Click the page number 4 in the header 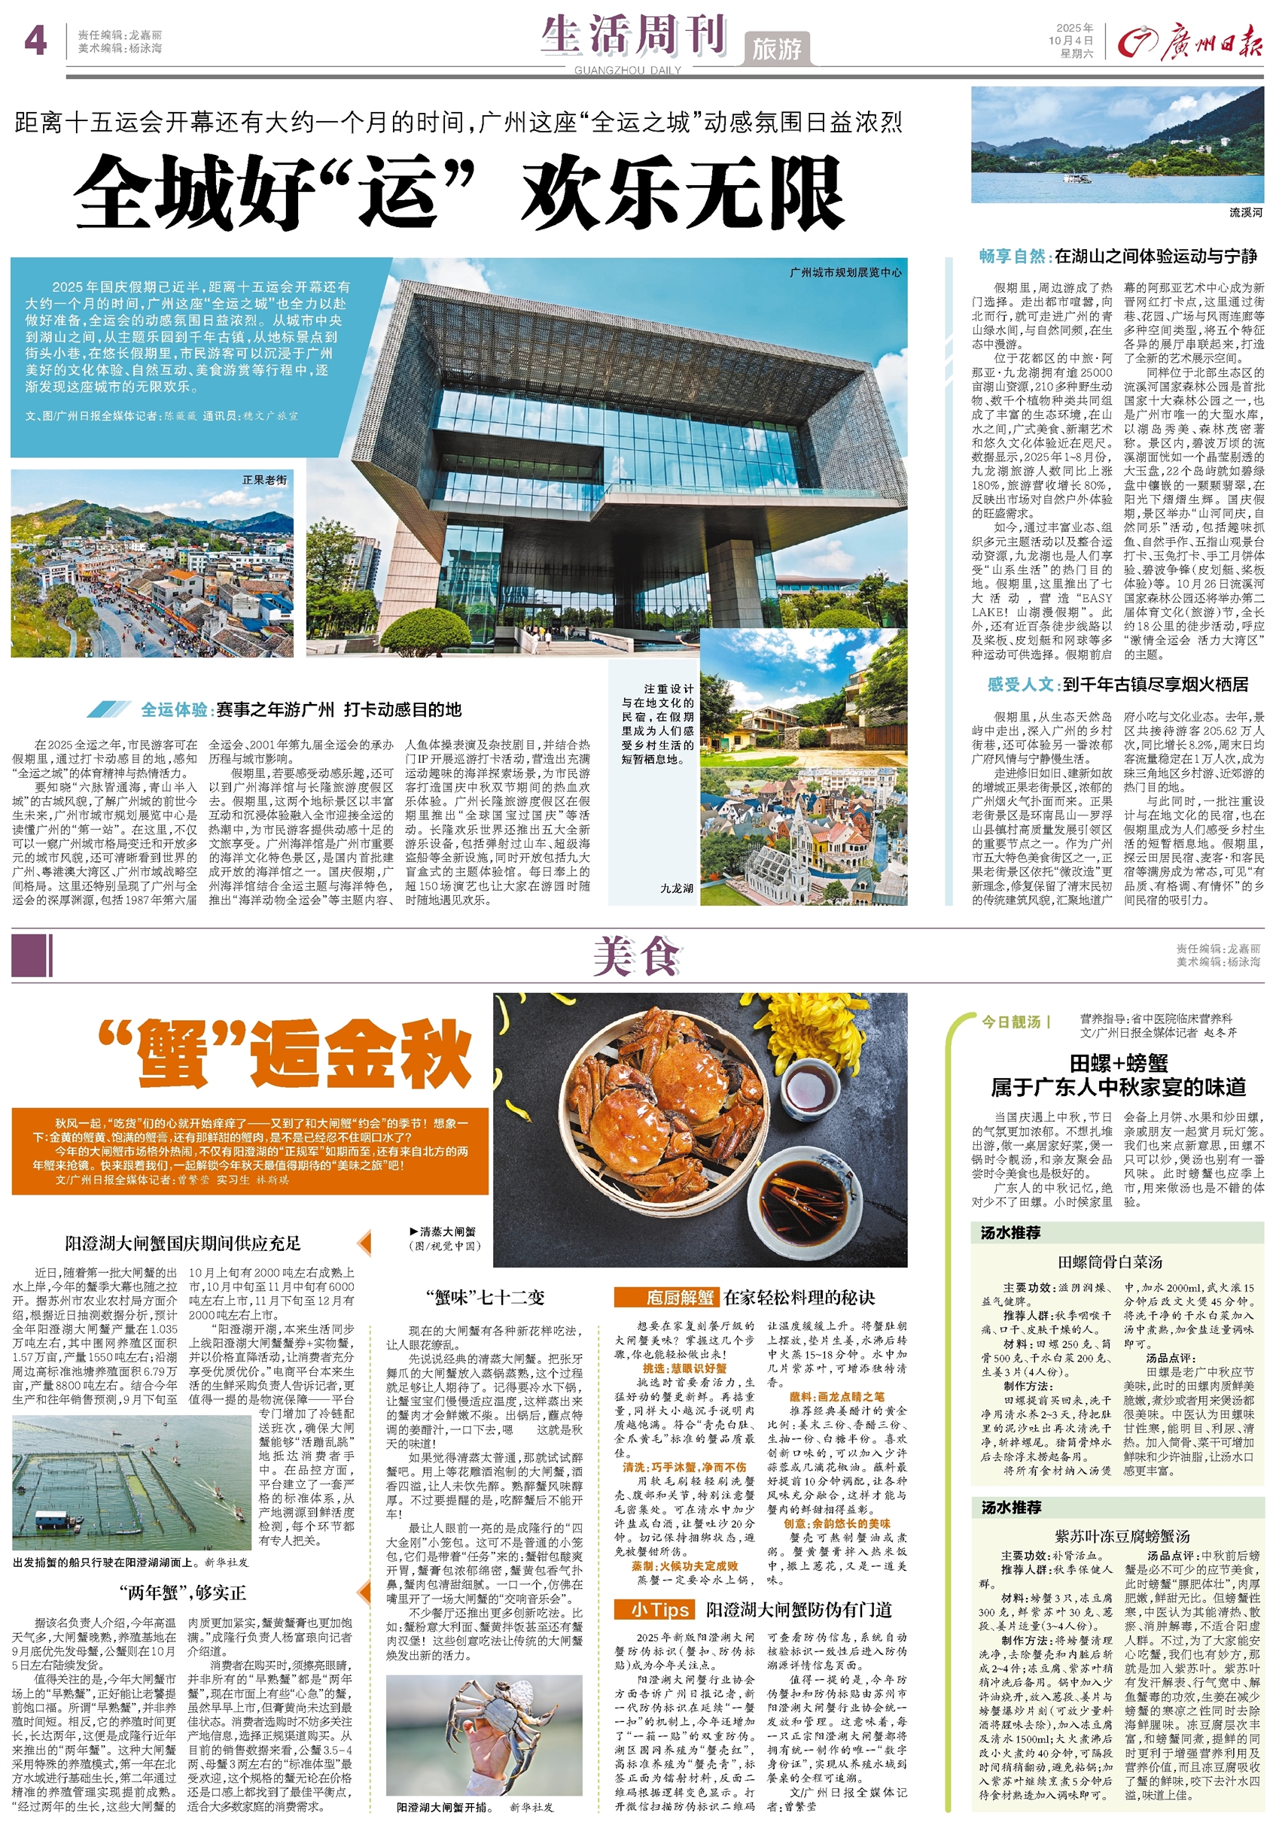coord(35,41)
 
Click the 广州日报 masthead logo coord(1189,42)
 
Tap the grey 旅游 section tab coord(777,49)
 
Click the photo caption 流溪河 coord(1245,213)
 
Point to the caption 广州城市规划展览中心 coord(845,272)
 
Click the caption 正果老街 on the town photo coord(264,480)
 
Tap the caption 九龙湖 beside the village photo coord(677,888)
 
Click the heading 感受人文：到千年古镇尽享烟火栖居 coord(1117,684)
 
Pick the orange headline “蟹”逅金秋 coord(285,1053)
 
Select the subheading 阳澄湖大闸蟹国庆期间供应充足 coord(183,1244)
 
